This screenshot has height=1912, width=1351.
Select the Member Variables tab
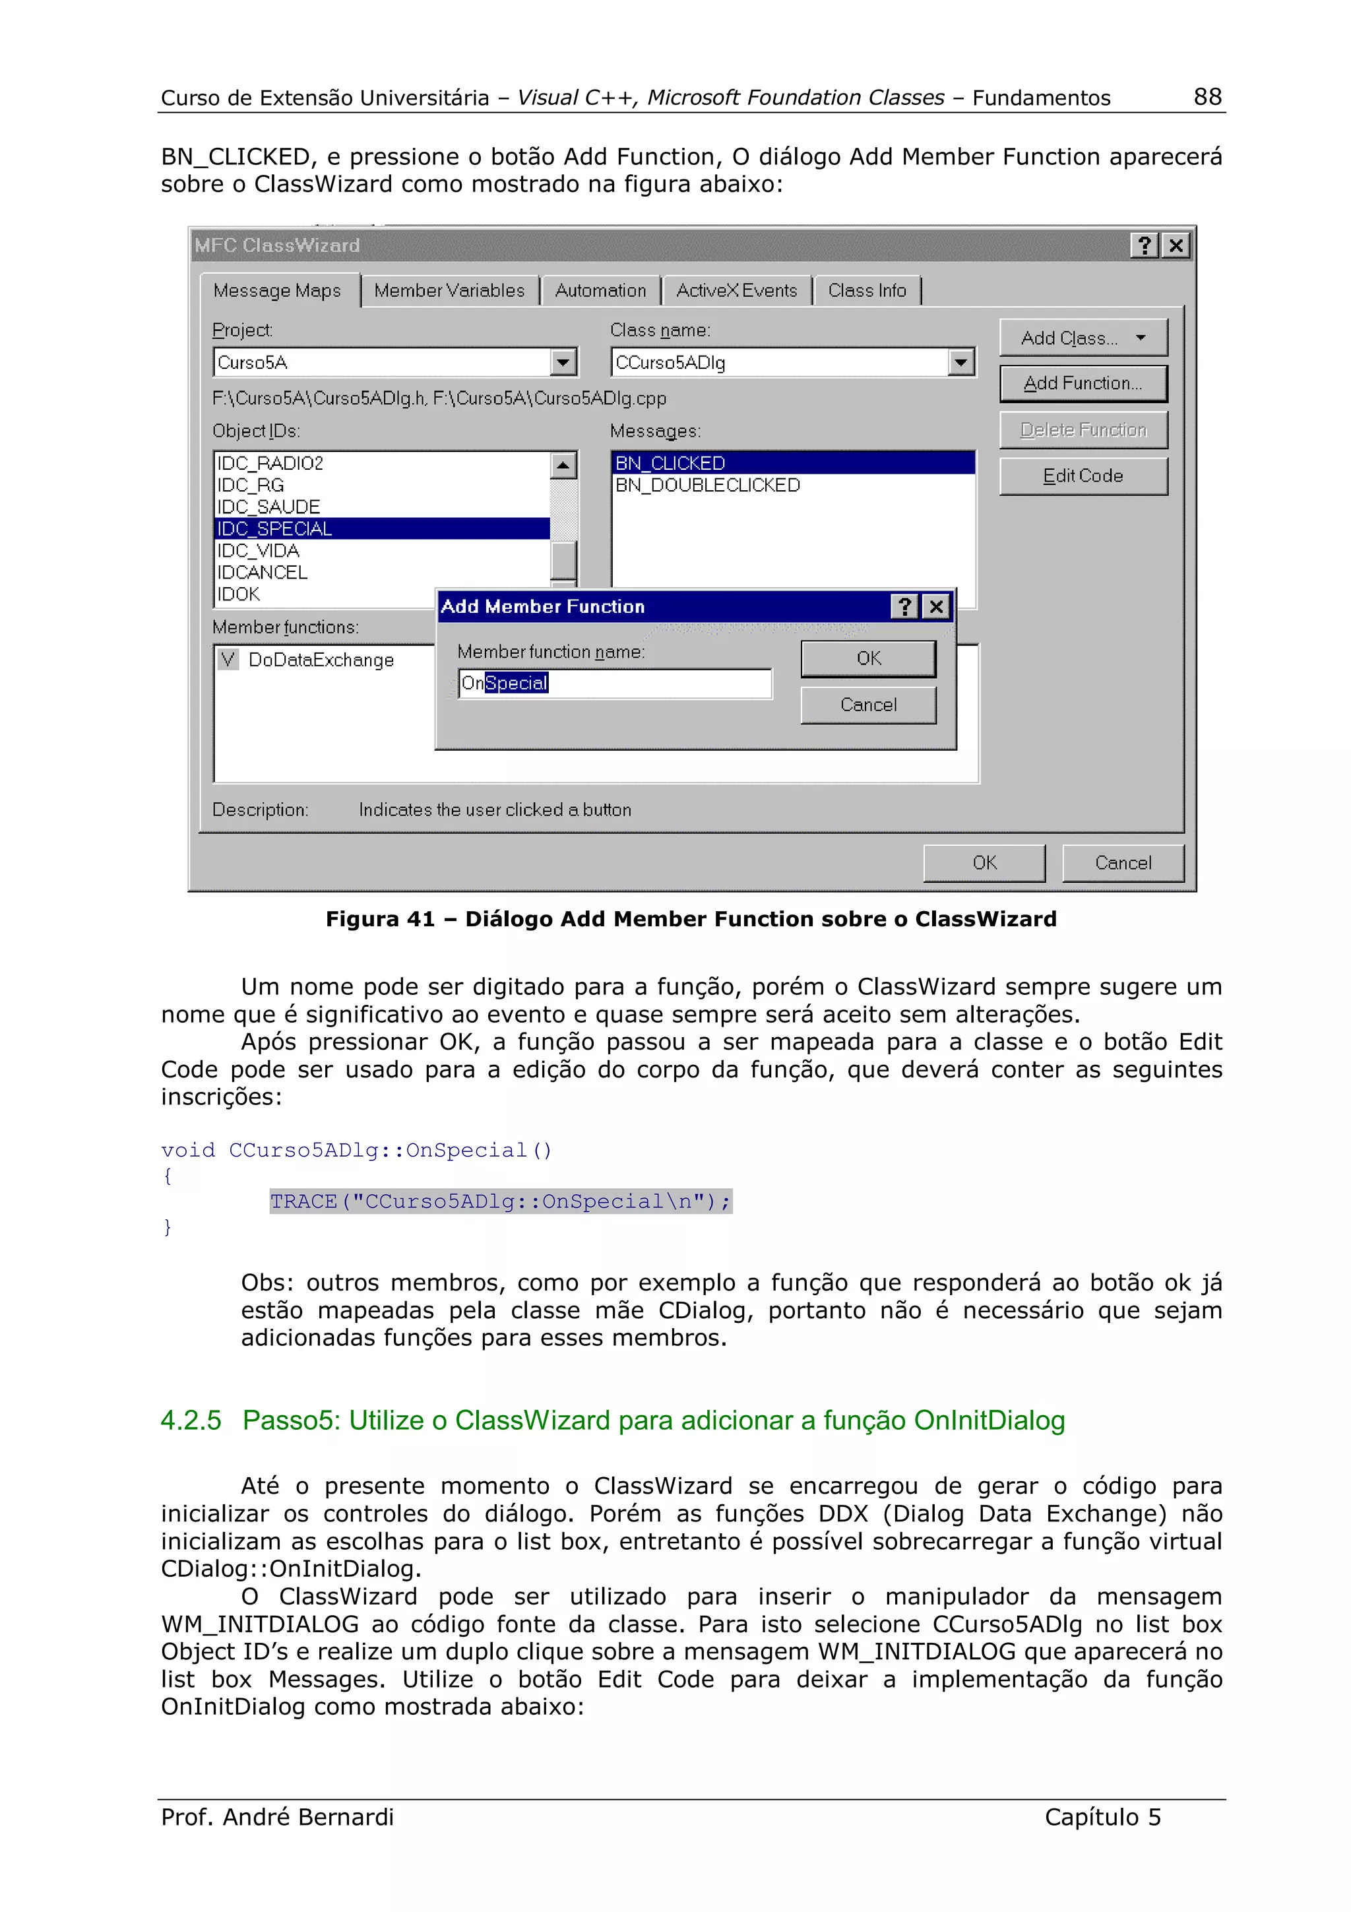449,291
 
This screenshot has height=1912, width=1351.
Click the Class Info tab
867,291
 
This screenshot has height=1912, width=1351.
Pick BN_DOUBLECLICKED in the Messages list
708,486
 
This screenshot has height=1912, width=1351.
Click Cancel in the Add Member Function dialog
867,705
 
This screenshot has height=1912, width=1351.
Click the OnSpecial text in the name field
505,684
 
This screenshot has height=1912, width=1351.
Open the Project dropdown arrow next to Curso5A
563,363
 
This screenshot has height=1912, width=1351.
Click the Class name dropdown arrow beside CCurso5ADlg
960,363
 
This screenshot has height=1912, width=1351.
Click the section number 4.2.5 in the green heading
191,1420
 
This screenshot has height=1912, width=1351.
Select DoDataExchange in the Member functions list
321,660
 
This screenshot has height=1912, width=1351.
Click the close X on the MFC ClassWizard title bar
1176,245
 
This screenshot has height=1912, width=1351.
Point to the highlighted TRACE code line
500,1201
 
